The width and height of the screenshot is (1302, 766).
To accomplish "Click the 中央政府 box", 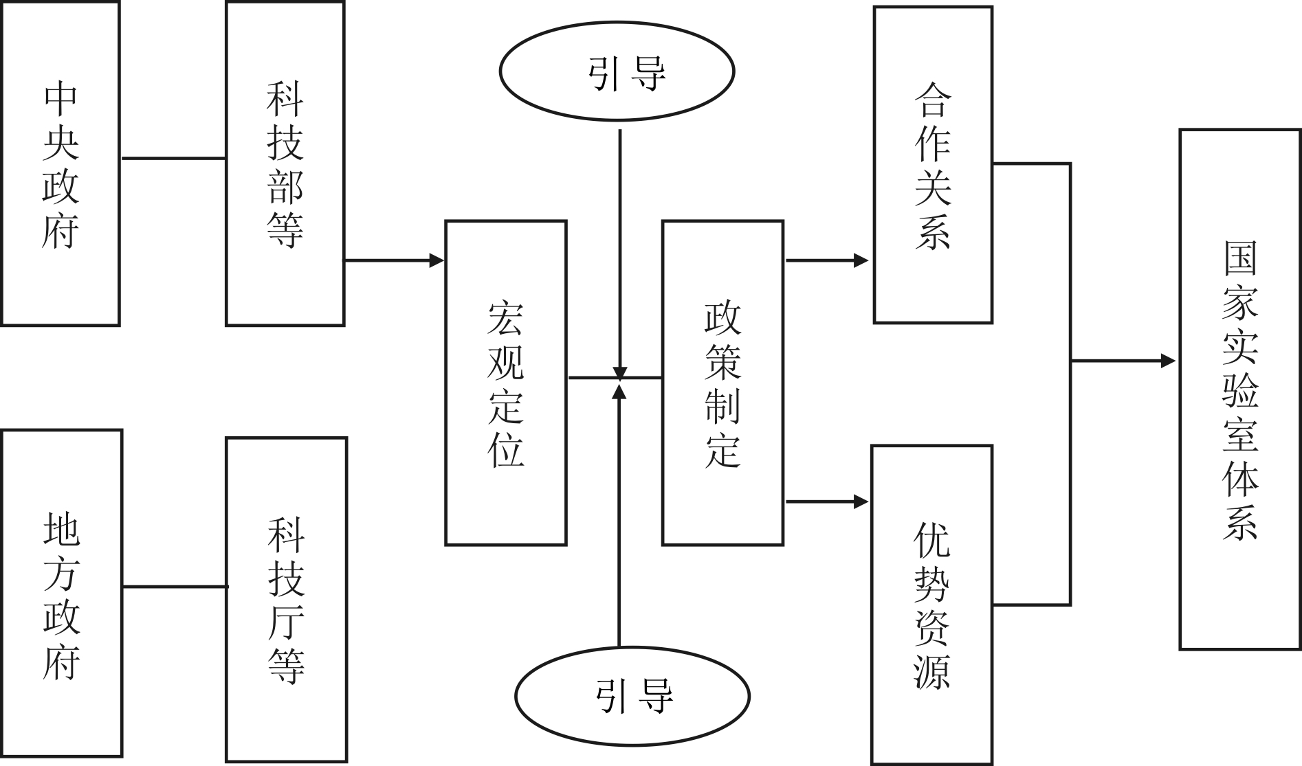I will tap(60, 164).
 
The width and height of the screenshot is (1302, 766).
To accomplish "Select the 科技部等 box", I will tap(285, 164).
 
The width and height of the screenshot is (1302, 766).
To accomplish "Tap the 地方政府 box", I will tap(62, 595).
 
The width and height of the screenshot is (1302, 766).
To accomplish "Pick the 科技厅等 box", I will tap(286, 599).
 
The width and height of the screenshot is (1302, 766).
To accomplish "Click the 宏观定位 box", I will tap(505, 383).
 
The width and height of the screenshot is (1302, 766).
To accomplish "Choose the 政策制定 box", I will tap(722, 383).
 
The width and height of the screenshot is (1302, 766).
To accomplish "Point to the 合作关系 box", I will tap(933, 165).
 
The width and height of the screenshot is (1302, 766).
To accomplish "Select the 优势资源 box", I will tap(931, 605).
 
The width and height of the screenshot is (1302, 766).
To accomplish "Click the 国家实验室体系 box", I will tap(1240, 389).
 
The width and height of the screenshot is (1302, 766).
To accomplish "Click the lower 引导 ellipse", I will tap(632, 697).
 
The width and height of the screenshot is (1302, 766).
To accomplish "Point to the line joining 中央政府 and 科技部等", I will tap(173, 158).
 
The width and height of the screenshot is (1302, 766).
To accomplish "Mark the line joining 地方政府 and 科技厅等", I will tap(175, 587).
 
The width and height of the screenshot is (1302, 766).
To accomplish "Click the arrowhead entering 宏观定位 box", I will tap(437, 260).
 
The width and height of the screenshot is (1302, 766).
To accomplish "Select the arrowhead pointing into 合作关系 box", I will tap(861, 260).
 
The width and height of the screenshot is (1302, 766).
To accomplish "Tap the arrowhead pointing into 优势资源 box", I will tap(861, 502).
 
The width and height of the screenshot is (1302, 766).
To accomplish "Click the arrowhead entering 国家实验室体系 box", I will tap(1168, 361).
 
